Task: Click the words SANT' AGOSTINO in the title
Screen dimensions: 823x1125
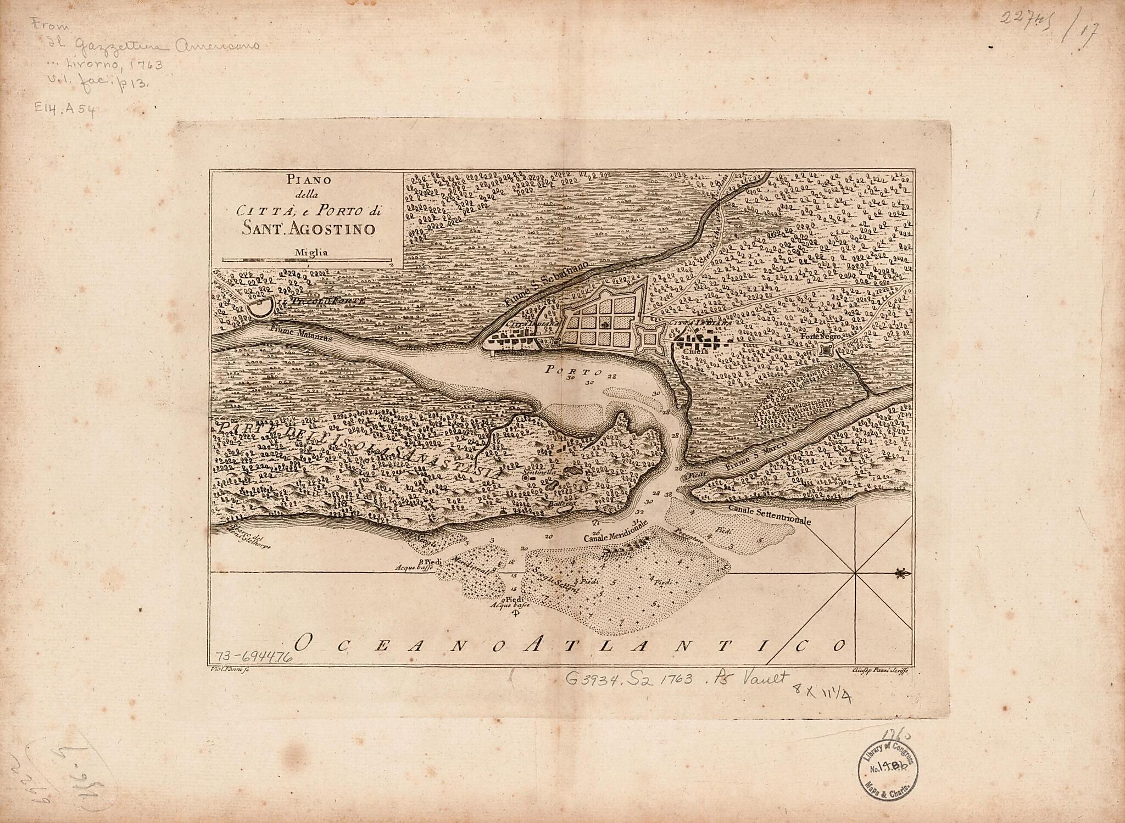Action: click(x=308, y=228)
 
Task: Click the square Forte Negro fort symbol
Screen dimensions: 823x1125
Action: click(x=826, y=350)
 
